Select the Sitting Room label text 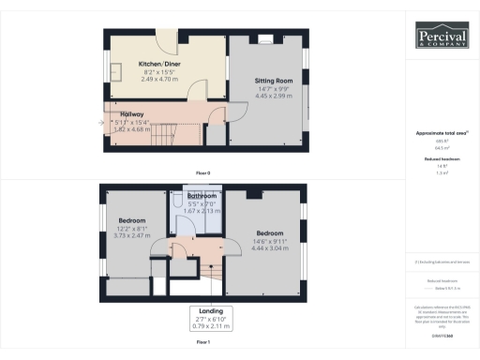[x=274, y=82]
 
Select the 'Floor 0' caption [x=202, y=173]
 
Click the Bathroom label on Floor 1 [x=202, y=196]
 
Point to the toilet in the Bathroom [x=177, y=202]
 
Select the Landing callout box [x=202, y=318]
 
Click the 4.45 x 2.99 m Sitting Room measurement [x=274, y=97]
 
